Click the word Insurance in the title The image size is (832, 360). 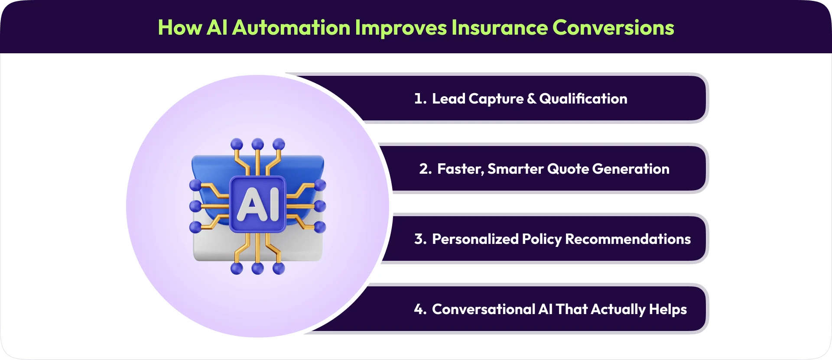499,28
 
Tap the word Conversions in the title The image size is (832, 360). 613,28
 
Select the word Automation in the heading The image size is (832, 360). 291,28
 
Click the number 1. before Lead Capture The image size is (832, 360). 420,99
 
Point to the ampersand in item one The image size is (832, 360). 532,99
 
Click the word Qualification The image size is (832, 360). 583,99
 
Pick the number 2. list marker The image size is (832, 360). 426,169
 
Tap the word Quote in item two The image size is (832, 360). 568,169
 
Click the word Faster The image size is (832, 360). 460,169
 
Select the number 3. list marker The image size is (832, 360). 420,239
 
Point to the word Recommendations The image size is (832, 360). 628,239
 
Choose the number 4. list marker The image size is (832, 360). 420,309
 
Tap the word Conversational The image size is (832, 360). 484,309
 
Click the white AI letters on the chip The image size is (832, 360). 258,204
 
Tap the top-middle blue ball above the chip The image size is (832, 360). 258,144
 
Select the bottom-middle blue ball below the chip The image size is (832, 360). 258,268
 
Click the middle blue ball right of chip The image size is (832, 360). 320,206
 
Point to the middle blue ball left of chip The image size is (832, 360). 195,206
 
